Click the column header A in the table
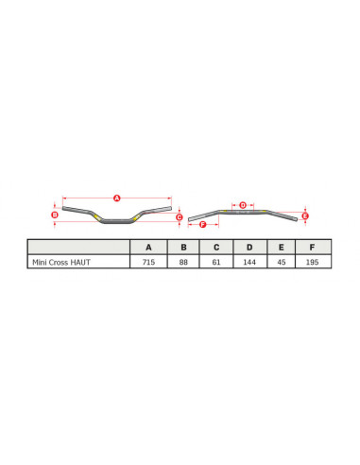click(148, 247)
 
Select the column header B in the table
click(183, 247)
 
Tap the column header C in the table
click(216, 247)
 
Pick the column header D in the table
click(249, 247)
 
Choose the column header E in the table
click(283, 247)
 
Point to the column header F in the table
click(313, 247)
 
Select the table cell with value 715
click(148, 262)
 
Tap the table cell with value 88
click(183, 262)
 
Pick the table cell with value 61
click(216, 262)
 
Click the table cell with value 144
click(249, 262)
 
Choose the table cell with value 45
click(283, 262)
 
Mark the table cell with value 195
click(313, 262)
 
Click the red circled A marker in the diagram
click(117, 198)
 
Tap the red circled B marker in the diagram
click(55, 215)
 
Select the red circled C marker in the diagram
click(179, 216)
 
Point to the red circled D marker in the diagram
click(243, 204)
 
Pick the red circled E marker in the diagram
click(304, 215)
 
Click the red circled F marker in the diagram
click(204, 224)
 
